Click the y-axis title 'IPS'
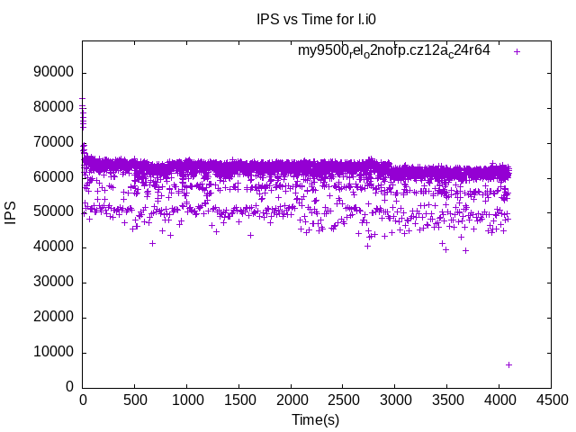[12, 212]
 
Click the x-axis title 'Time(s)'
[316, 419]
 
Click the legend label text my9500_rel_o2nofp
[393, 51]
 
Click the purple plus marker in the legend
[517, 51]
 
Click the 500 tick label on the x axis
[135, 400]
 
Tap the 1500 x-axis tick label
[238, 400]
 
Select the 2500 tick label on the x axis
[343, 400]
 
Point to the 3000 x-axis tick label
[394, 400]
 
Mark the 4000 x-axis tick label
[499, 400]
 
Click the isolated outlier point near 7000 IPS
[508, 364]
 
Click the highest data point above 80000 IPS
[83, 99]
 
